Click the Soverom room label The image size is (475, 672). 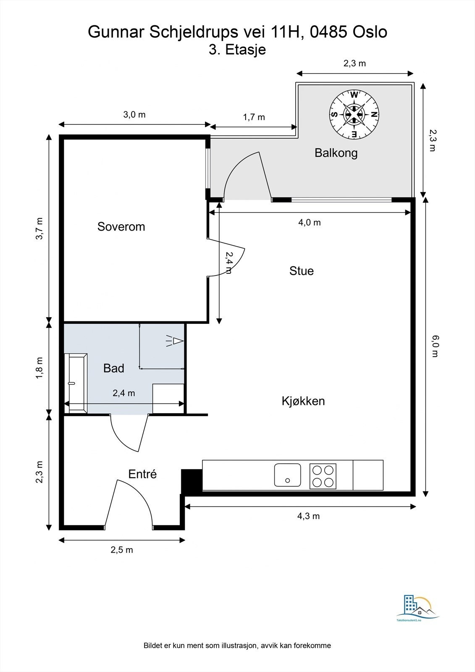tap(121, 226)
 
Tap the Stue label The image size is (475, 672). tap(302, 271)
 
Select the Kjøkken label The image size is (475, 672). tap(303, 401)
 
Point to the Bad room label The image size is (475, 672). tap(114, 368)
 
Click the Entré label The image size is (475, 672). tap(142, 474)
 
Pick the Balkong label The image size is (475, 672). tap(336, 153)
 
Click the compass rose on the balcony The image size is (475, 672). tap(354, 115)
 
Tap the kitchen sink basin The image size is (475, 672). tap(287, 475)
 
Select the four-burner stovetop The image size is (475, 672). tap(323, 476)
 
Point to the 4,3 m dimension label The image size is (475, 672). tap(308, 516)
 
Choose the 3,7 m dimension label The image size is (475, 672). tap(39, 228)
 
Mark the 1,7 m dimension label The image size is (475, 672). tap(254, 117)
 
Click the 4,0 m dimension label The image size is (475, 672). tap(310, 222)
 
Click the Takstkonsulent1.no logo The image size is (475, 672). tap(418, 604)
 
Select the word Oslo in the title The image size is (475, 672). tap(370, 32)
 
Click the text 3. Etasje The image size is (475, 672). tap(237, 50)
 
